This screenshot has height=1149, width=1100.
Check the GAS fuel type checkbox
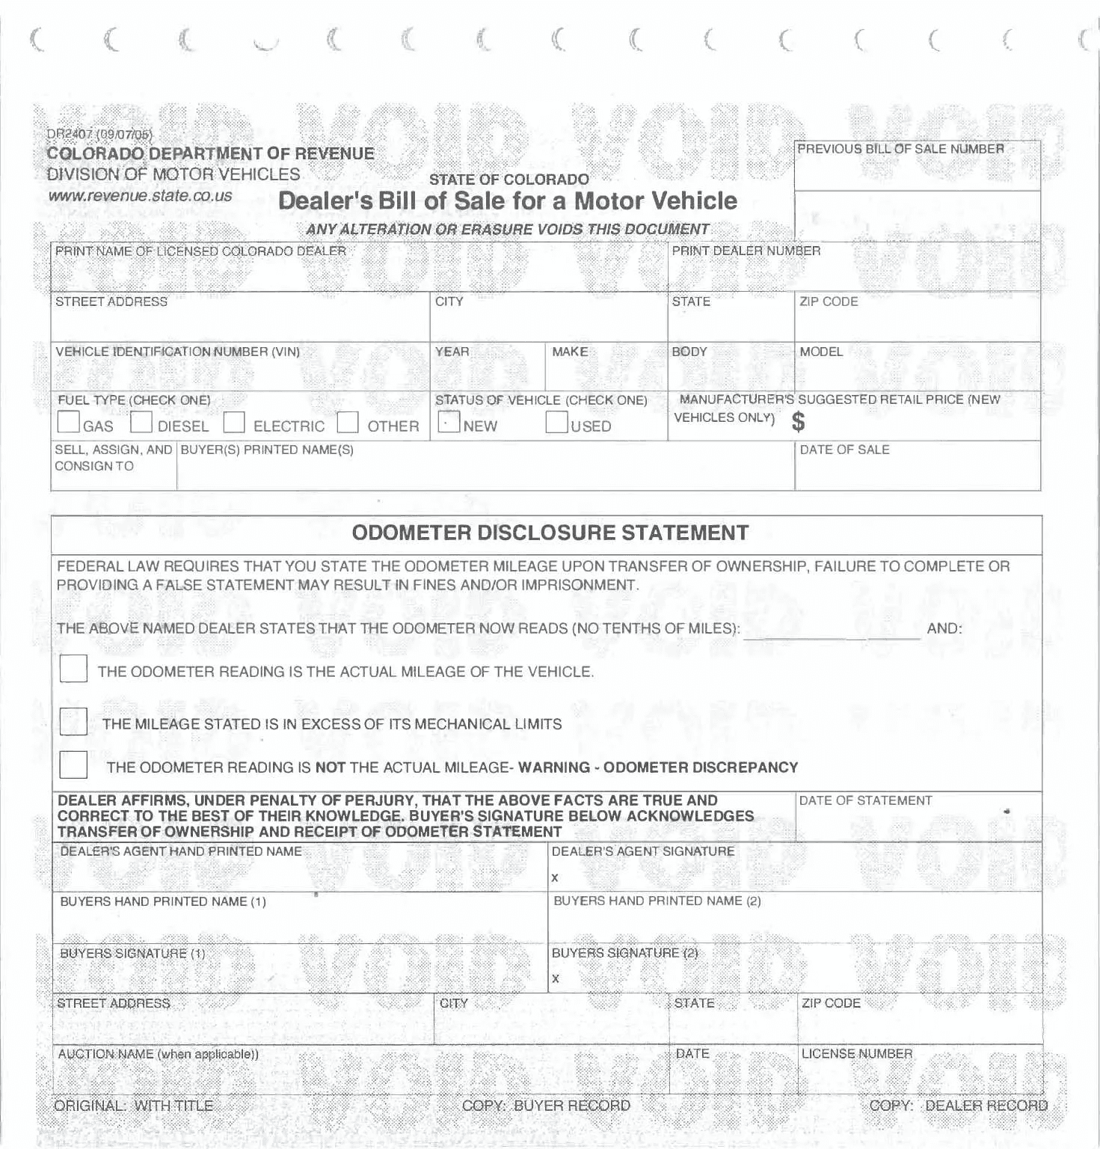click(x=69, y=422)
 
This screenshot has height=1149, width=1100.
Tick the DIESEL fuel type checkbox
click(x=141, y=422)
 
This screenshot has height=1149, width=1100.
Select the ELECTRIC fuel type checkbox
click(x=234, y=422)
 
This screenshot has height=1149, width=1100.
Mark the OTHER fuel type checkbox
click(x=348, y=422)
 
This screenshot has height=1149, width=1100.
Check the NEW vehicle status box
click(x=449, y=422)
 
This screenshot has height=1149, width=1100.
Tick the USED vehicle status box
click(x=556, y=422)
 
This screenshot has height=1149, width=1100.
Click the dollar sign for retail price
click(x=799, y=423)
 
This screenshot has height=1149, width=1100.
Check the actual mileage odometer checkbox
click(x=73, y=669)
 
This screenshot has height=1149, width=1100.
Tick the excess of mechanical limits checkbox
click(x=73, y=722)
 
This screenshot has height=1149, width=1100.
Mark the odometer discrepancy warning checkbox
click(x=73, y=765)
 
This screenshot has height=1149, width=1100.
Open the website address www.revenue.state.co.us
click(x=141, y=196)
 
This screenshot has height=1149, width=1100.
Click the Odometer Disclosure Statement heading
click(x=550, y=533)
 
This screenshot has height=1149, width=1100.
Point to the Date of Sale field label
click(x=844, y=450)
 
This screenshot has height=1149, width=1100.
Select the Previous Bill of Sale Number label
click(x=900, y=149)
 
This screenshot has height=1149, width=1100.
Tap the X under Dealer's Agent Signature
click(x=555, y=877)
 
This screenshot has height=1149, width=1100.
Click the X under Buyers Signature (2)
click(x=556, y=978)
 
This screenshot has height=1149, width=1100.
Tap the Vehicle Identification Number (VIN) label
click(x=178, y=352)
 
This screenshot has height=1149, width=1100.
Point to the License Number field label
click(x=857, y=1054)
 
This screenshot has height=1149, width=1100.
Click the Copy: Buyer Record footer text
click(x=546, y=1106)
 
